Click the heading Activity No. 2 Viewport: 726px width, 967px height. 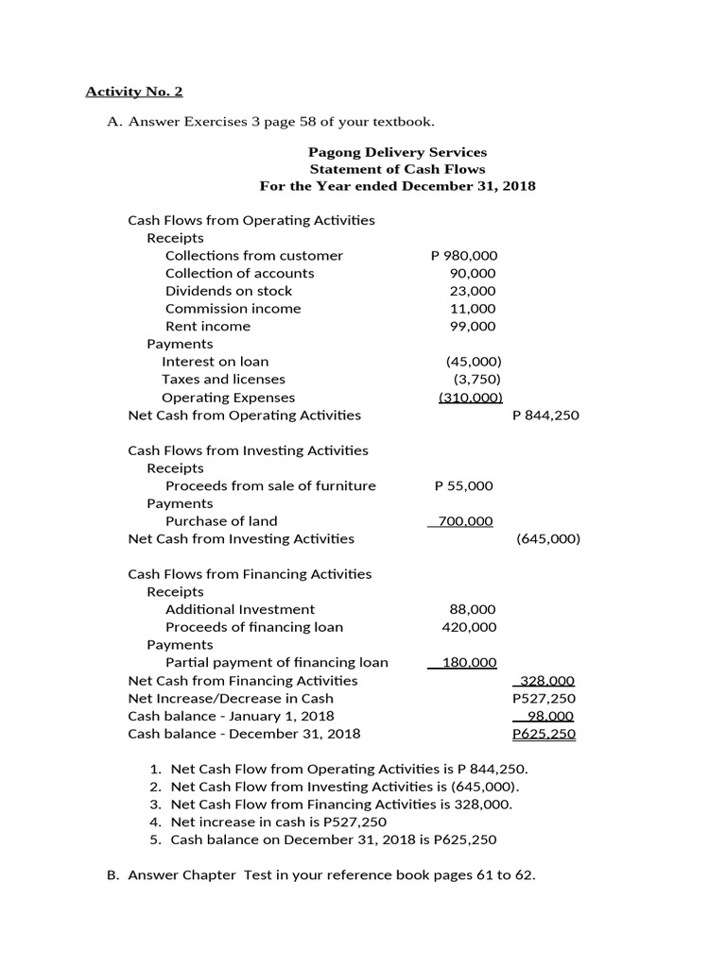pos(134,92)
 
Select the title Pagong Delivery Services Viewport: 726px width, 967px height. pos(397,151)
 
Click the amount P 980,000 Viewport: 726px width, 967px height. pos(463,256)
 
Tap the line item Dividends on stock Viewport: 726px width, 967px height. pos(229,291)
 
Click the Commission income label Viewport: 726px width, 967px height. pos(233,309)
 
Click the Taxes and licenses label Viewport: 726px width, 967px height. pos(223,380)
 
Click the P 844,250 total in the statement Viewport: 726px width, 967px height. pos(545,415)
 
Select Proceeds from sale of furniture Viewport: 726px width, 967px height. pos(270,486)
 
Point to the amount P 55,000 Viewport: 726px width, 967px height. pos(463,486)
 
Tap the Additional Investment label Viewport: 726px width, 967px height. pos(240,610)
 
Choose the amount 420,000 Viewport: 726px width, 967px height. pos(469,628)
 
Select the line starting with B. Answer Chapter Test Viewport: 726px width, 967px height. pos(321,875)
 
